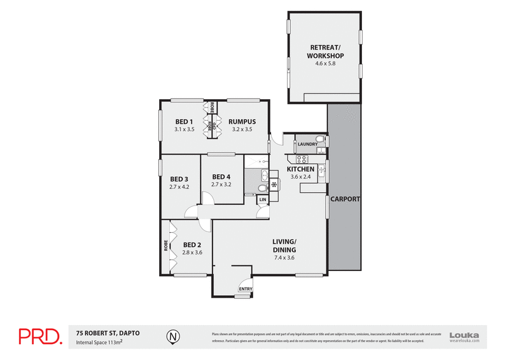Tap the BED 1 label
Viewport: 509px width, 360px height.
[x=185, y=121]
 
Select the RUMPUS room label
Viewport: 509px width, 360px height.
[x=241, y=121]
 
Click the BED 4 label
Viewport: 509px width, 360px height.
[x=221, y=177]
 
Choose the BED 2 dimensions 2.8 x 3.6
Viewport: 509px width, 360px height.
[x=192, y=253]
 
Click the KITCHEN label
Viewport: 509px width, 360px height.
[x=300, y=170]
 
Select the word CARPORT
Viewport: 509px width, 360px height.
[x=345, y=199]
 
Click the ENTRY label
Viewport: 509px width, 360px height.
[x=245, y=289]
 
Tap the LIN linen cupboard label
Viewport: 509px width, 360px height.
[x=262, y=200]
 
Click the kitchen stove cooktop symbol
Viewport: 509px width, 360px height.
[x=274, y=185]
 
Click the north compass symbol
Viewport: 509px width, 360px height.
[x=171, y=335]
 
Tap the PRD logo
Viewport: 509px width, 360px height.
[x=39, y=336]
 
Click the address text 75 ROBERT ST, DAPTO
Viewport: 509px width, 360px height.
[x=108, y=332]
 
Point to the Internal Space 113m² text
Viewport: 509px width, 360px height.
[x=99, y=342]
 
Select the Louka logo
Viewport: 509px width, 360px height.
[x=464, y=336]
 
